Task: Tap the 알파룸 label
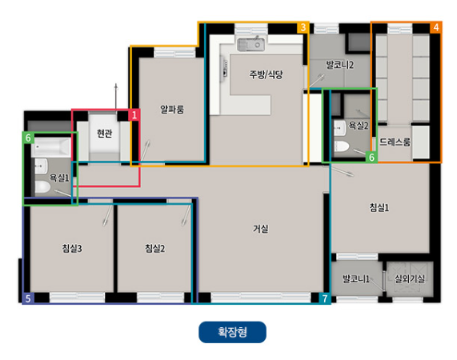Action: (x=172, y=109)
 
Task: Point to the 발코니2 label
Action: (x=340, y=63)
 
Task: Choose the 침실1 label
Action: (x=379, y=207)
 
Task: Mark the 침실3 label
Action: (x=71, y=248)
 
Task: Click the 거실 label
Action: (x=261, y=229)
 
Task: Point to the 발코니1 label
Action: (x=355, y=278)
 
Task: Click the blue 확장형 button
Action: (x=232, y=332)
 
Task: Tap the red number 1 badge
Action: (x=134, y=115)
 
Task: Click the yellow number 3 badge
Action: (x=303, y=27)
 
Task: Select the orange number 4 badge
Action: (x=435, y=27)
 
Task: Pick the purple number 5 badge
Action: (x=28, y=298)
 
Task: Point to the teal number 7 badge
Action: (x=325, y=298)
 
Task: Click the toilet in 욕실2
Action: (x=343, y=146)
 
